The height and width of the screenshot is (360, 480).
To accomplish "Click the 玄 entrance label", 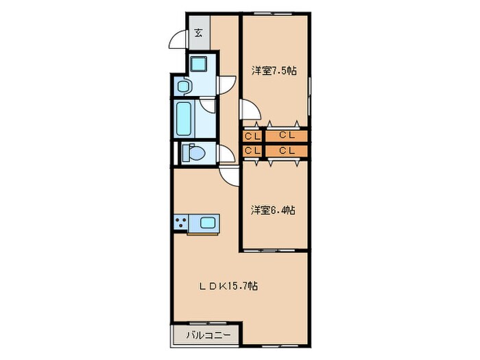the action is point(199,32).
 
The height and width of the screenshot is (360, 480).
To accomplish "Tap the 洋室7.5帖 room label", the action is point(274,71).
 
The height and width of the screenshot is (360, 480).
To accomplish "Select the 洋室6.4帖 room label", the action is point(273,211).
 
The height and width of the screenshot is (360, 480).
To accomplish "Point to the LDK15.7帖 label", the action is point(228,286).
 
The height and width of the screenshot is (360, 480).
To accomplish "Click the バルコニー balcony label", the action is point(208,335).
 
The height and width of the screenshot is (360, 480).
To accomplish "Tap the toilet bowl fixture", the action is point(193,152).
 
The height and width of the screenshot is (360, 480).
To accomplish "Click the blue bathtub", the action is point(184,119).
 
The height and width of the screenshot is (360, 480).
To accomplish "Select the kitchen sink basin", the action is point(208,223).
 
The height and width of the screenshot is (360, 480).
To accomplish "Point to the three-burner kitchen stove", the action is point(180,223).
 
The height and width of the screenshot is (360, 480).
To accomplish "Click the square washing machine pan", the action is point(198,64).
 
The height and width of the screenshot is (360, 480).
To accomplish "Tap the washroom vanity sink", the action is point(183,86).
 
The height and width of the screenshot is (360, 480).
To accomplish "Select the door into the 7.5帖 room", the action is point(252,109).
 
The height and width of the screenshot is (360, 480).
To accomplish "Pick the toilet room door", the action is point(226,154).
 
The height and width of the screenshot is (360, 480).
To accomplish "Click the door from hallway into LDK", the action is point(229,176).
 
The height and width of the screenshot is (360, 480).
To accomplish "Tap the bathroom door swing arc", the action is point(208,106).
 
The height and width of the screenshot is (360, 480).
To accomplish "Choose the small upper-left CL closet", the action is point(252,136).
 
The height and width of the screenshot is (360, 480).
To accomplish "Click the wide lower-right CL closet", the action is point(286,151).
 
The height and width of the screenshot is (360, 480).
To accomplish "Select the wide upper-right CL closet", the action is point(286,136).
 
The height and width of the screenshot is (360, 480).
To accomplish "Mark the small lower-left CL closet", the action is point(252,151).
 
